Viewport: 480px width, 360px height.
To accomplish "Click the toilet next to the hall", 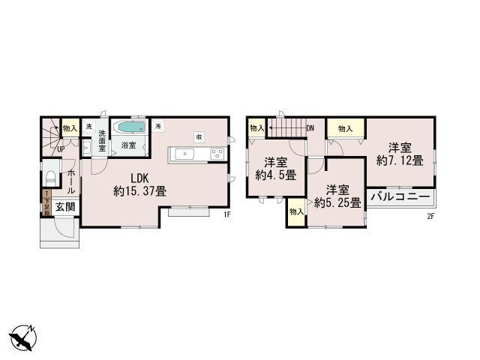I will pyautogui.click(x=50, y=178).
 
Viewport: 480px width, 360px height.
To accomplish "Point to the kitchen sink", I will pyautogui.click(x=184, y=154).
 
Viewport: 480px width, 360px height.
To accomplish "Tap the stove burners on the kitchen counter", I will pyautogui.click(x=217, y=154).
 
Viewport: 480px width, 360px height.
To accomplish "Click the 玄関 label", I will pyautogui.click(x=64, y=206).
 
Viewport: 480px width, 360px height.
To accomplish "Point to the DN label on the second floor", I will pyautogui.click(x=309, y=128).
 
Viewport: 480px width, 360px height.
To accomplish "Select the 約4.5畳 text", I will pyautogui.click(x=276, y=169).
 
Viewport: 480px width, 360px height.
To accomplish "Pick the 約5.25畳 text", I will pyautogui.click(x=337, y=196).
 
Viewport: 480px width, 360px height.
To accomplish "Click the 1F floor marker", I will pyautogui.click(x=226, y=215).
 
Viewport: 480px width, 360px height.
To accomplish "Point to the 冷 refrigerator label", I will pyautogui.click(x=158, y=126).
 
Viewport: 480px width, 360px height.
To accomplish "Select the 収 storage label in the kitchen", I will pyautogui.click(x=199, y=136).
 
